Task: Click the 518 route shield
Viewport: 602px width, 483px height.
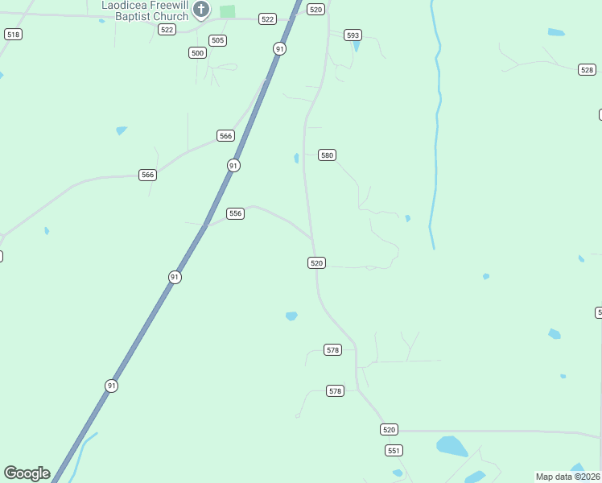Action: coord(13,34)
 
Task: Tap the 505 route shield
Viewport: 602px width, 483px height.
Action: coord(217,40)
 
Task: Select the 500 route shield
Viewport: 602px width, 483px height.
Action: coord(197,52)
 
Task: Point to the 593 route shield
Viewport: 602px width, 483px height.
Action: coord(353,35)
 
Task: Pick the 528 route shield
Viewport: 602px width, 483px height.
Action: coord(587,70)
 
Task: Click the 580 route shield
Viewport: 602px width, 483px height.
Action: coord(326,155)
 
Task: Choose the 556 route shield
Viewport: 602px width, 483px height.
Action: coord(235,213)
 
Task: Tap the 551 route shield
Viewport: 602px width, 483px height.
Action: coord(394,450)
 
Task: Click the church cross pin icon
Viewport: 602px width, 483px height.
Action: coord(201,10)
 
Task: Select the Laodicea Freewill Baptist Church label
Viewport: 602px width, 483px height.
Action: coord(145,10)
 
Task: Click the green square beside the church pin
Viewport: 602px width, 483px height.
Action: coord(228,11)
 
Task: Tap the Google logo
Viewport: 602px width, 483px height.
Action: coord(27,473)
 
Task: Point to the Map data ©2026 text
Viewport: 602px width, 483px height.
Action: coord(568,477)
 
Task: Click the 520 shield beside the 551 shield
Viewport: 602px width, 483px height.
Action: coord(390,430)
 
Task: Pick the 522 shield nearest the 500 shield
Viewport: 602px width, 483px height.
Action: coord(167,29)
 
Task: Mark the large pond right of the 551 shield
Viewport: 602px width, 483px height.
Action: coord(451,446)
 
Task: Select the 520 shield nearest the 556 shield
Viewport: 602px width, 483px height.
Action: coord(316,263)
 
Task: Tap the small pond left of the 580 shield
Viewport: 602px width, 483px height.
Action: coord(296,158)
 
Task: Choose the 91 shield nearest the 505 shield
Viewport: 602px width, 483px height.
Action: coord(279,48)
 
